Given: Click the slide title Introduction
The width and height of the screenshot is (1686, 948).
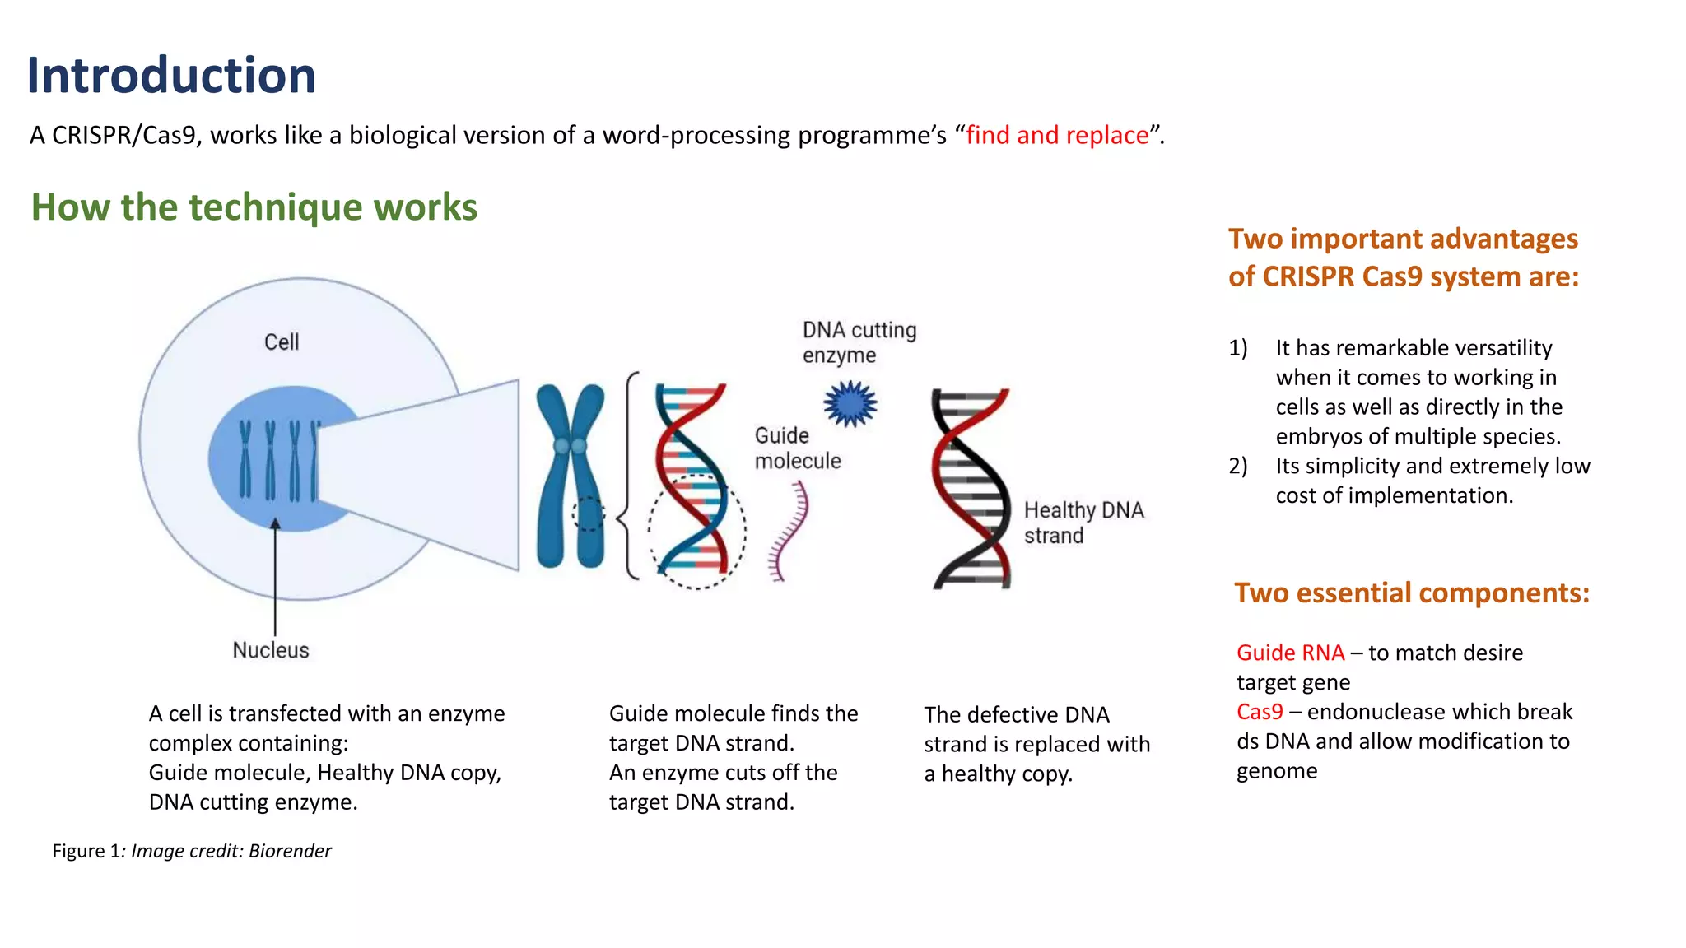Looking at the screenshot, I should pyautogui.click(x=171, y=76).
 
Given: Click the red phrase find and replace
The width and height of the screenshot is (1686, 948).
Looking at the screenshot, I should pyautogui.click(x=1057, y=135).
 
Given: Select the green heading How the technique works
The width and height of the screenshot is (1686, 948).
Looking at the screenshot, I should pyautogui.click(x=254, y=207).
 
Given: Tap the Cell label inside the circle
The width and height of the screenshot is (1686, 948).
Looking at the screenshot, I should pyautogui.click(x=282, y=342).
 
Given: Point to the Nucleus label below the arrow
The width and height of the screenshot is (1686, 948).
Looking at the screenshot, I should pyautogui.click(x=271, y=650).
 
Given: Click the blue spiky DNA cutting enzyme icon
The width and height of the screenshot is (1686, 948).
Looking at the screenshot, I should pyautogui.click(x=850, y=404).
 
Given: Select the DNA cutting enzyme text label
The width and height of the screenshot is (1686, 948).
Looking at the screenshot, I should pyautogui.click(x=859, y=342).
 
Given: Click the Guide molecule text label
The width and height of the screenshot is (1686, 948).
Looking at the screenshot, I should pyautogui.click(x=797, y=448).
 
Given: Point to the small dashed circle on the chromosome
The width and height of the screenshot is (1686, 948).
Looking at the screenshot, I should pyautogui.click(x=588, y=514).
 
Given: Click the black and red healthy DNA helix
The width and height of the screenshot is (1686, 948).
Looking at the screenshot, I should pyautogui.click(x=971, y=489).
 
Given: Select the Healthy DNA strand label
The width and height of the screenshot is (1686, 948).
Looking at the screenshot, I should pyautogui.click(x=1083, y=523).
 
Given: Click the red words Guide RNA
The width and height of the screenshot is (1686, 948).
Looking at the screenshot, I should pyautogui.click(x=1290, y=653).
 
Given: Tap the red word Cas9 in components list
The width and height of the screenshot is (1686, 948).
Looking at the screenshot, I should pyautogui.click(x=1260, y=712).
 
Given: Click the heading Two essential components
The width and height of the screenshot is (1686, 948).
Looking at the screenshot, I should pyautogui.click(x=1411, y=592).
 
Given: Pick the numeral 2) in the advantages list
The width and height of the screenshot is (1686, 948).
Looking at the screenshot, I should pyautogui.click(x=1238, y=467).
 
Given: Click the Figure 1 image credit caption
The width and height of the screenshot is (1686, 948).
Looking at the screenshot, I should pyautogui.click(x=192, y=851).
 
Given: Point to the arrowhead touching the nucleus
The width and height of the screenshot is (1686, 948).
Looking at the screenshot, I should pyautogui.click(x=275, y=524).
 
